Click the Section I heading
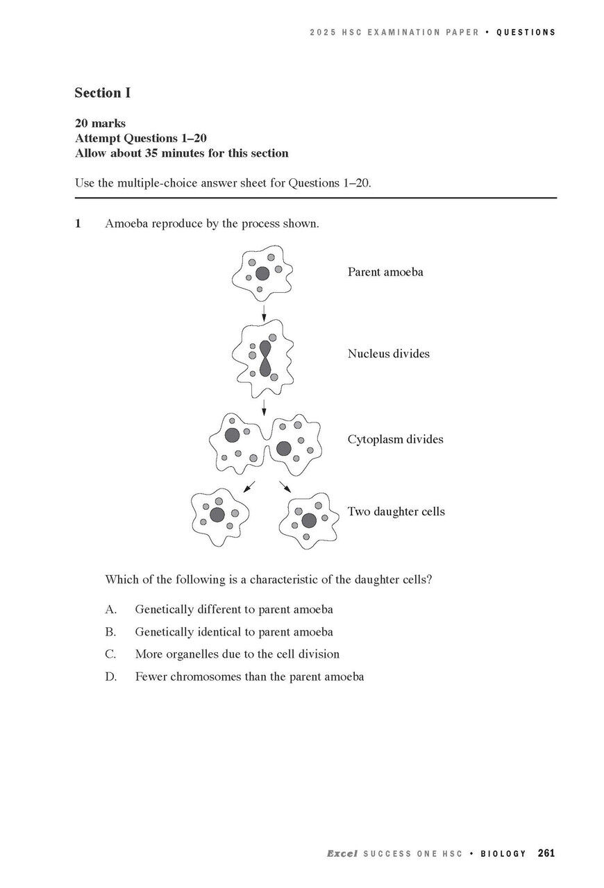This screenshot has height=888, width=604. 103,93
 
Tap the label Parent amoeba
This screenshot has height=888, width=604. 385,272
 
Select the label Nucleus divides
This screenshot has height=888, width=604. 388,354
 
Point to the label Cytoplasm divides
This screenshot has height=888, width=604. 395,439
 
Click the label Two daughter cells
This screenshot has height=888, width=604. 396,512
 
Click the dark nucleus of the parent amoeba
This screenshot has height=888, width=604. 262,273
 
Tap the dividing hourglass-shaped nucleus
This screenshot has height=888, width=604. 265,358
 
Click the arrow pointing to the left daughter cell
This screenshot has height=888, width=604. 249,487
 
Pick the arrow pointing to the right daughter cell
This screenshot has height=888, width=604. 285,487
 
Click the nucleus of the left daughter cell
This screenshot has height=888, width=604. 217,515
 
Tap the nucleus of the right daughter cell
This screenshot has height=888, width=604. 309,520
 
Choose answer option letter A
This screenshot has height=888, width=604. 110,610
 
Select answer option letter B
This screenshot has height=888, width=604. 110,632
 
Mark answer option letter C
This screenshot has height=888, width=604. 110,654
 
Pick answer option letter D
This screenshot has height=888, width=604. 110,676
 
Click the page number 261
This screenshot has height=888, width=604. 546,853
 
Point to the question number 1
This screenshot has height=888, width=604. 78,223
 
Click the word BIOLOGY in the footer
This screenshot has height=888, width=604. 503,854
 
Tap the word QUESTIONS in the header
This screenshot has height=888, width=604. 526,33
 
